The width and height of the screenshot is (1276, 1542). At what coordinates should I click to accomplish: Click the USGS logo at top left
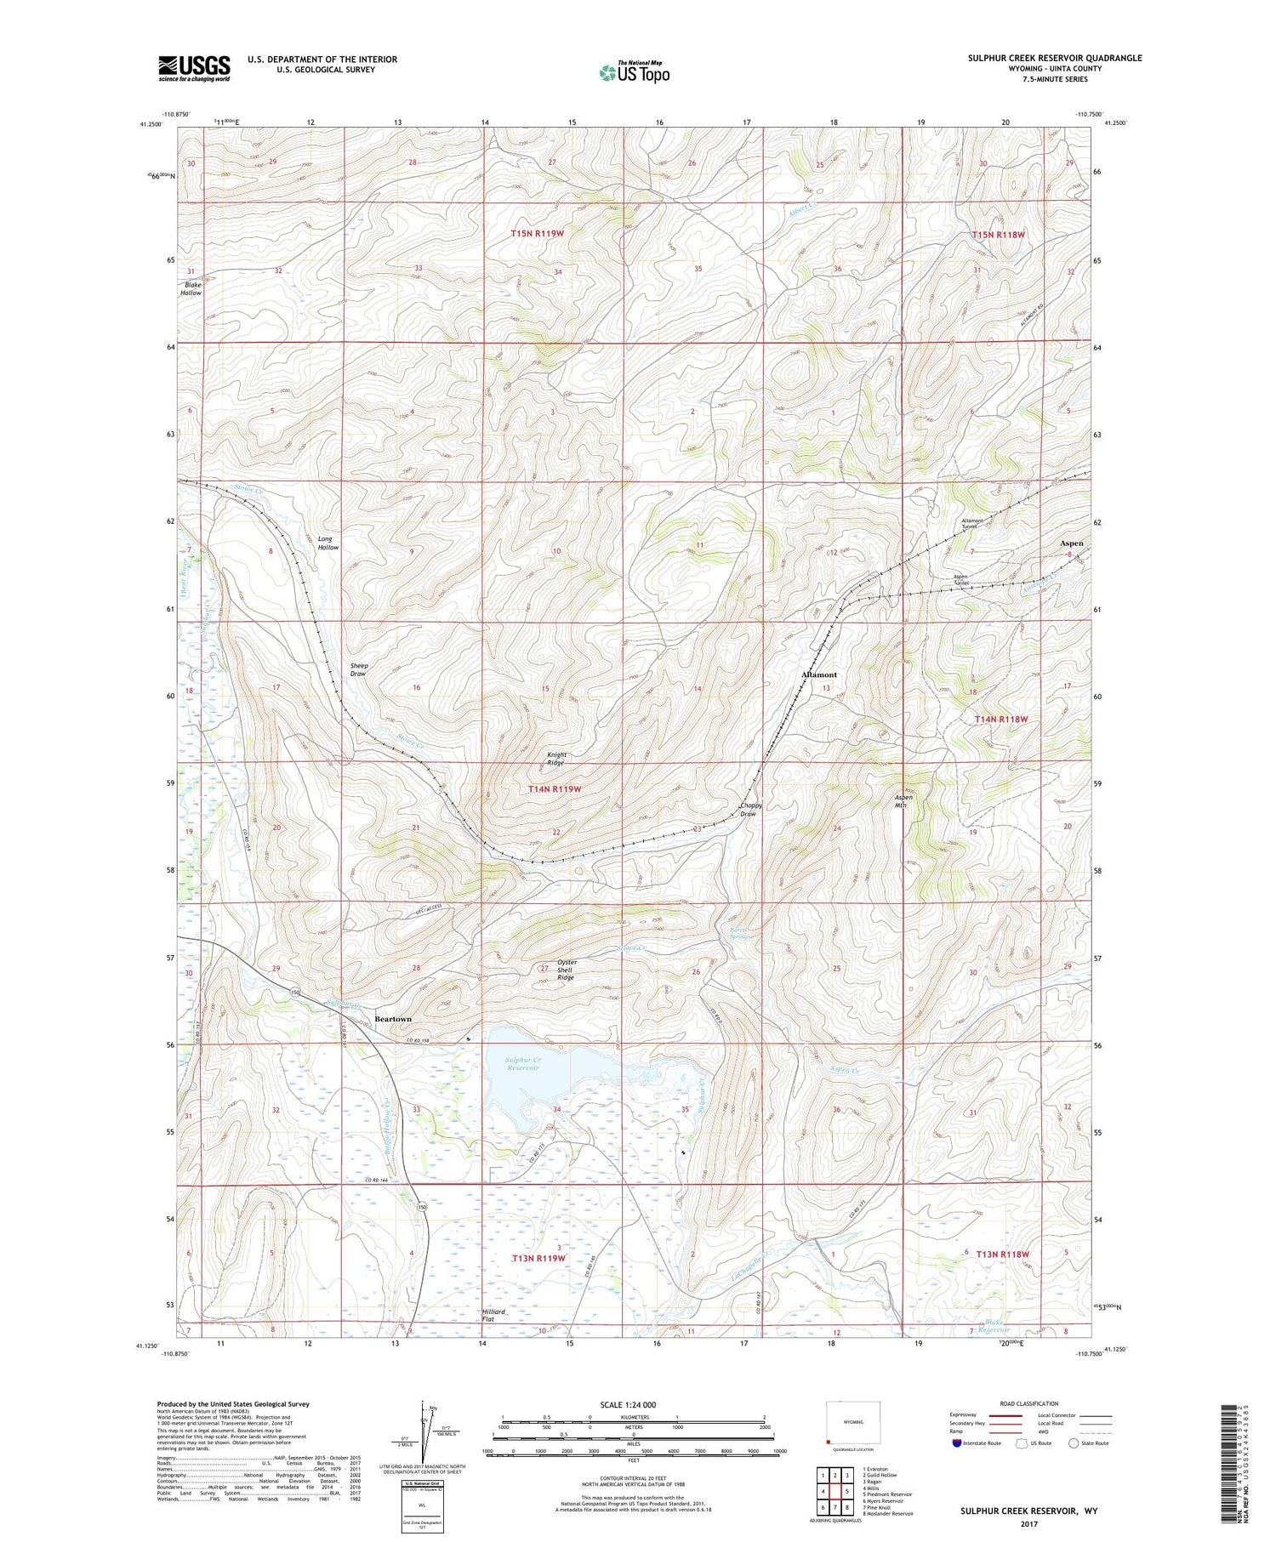pos(194,68)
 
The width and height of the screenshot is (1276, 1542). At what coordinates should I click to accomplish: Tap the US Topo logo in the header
pos(634,73)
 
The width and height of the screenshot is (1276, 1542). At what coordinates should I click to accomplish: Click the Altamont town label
pos(819,674)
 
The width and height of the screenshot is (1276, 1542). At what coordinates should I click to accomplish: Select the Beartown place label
pos(392,1018)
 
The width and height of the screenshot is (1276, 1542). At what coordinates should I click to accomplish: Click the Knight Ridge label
pos(556,759)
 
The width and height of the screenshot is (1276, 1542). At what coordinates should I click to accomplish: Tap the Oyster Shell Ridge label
pos(566,970)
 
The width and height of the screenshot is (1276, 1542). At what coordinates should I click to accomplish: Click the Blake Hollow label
pos(191,288)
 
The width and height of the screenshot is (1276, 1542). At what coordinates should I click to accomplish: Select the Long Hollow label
pos(328,543)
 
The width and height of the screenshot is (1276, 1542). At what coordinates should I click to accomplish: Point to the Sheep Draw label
pos(358,669)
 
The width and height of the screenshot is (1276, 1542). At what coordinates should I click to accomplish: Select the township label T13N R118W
pos(1002,1254)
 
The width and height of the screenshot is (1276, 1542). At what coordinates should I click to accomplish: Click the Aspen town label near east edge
pos(1071,543)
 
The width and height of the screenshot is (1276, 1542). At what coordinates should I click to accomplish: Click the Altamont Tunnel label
pos(972,523)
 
